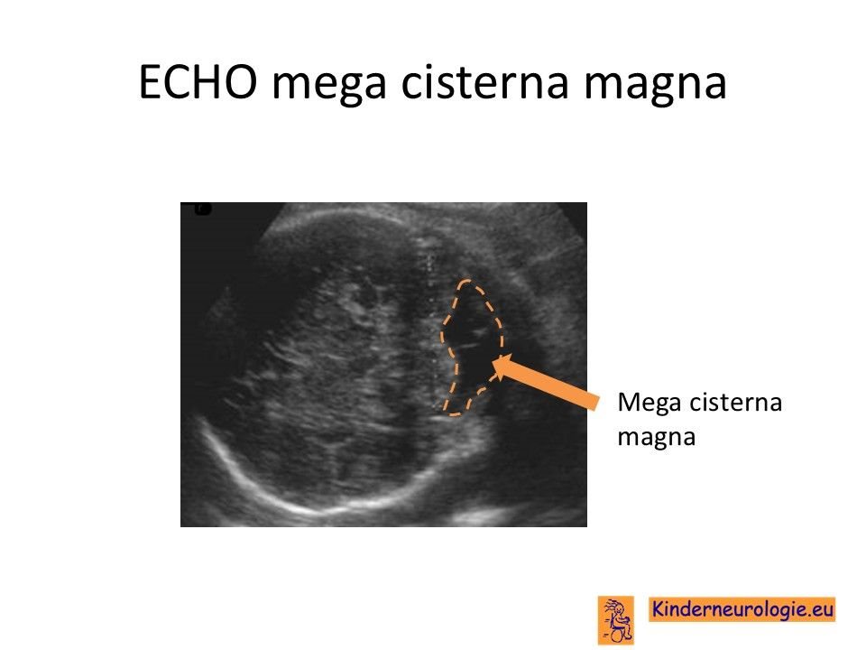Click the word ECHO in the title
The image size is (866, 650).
pyautogui.click(x=198, y=82)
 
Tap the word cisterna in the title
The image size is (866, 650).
pyautogui.click(x=484, y=82)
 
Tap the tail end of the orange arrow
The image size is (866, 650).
pyautogui.click(x=595, y=402)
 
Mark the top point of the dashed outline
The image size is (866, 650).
pyautogui.click(x=466, y=280)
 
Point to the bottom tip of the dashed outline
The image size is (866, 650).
pyautogui.click(x=453, y=414)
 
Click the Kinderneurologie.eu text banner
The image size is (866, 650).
pyautogui.click(x=742, y=609)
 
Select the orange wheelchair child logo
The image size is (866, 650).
pyautogui.click(x=616, y=619)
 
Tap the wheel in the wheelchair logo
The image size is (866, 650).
pyautogui.click(x=617, y=635)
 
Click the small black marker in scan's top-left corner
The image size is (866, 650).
pyautogui.click(x=203, y=209)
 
